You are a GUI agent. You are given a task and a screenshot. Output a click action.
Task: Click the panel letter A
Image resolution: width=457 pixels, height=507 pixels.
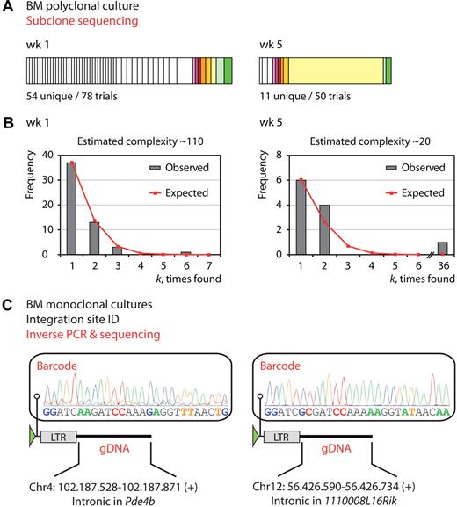pos(9,8)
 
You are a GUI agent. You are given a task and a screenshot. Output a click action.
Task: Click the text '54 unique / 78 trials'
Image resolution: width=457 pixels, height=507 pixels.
pos(72,93)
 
